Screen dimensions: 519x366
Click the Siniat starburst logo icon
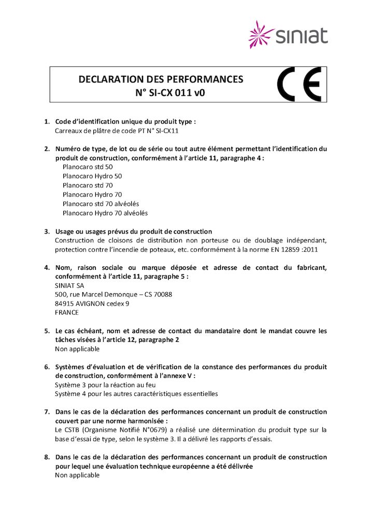[262, 34]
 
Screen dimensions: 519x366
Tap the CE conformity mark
[299, 84]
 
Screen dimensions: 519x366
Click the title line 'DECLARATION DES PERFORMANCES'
[161, 79]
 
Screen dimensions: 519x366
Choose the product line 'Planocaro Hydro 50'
[92, 176]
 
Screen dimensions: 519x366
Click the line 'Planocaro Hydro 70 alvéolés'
[105, 213]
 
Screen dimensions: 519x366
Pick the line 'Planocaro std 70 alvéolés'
[101, 203]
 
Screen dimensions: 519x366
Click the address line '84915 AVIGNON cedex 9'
[92, 303]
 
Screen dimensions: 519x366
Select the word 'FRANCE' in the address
[67, 312]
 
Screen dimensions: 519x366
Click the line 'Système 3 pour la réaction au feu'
[105, 385]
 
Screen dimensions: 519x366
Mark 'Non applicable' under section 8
[77, 475]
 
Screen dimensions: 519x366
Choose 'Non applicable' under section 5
[77, 349]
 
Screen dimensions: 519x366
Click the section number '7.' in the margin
[47, 412]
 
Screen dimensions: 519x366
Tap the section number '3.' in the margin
[47, 231]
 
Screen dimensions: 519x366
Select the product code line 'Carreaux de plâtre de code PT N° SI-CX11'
[117, 131]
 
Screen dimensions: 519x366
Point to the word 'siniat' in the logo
[302, 35]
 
